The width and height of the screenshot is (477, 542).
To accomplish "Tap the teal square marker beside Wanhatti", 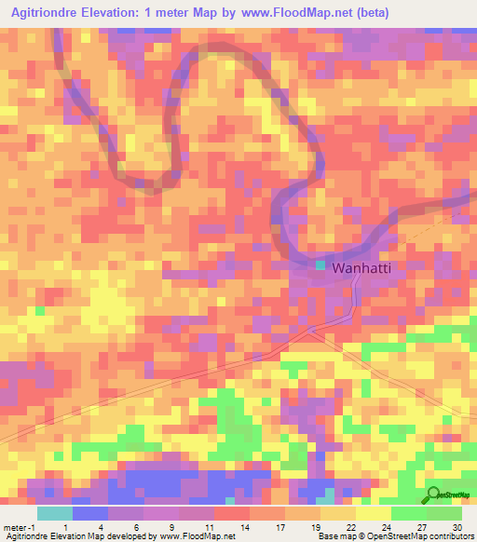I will (320, 265).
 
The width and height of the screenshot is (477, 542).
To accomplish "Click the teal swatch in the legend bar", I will (54, 513).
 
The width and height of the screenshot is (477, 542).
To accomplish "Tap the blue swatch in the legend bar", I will (89, 513).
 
